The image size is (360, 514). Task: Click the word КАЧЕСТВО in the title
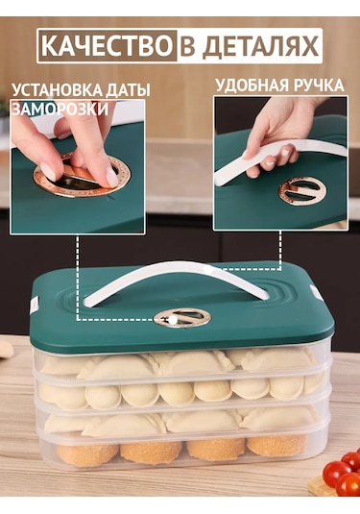tap(106, 45)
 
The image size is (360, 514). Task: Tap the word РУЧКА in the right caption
tap(318, 85)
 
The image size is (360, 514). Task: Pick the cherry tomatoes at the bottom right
tap(340, 476)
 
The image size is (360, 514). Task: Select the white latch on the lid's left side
tap(36, 306)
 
